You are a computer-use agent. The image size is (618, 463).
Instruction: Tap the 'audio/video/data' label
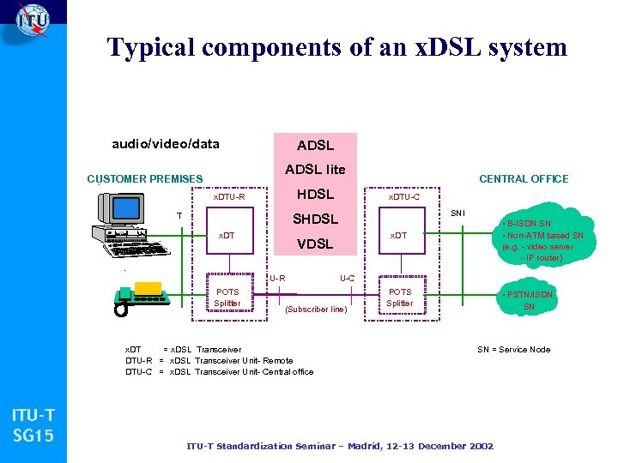(166, 144)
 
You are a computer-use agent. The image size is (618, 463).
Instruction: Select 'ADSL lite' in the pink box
(315, 169)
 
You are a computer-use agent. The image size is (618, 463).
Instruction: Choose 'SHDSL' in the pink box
(315, 219)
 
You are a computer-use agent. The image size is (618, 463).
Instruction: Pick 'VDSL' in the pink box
(315, 244)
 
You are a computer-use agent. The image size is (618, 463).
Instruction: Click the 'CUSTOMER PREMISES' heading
(145, 179)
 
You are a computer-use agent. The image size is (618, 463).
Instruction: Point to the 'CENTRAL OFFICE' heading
(524, 178)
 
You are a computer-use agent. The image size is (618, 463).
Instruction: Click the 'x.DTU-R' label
(229, 198)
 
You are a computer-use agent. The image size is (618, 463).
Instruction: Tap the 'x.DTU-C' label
(404, 198)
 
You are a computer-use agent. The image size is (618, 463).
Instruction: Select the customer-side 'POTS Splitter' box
(227, 298)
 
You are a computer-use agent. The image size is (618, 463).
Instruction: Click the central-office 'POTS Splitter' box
(400, 298)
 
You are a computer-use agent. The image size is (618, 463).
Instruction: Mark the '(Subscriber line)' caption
(315, 310)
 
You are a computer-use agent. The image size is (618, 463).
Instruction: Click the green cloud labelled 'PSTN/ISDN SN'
(529, 300)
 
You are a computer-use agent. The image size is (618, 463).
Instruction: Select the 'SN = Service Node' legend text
(514, 350)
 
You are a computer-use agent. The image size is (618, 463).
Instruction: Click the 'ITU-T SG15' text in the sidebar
(33, 426)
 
